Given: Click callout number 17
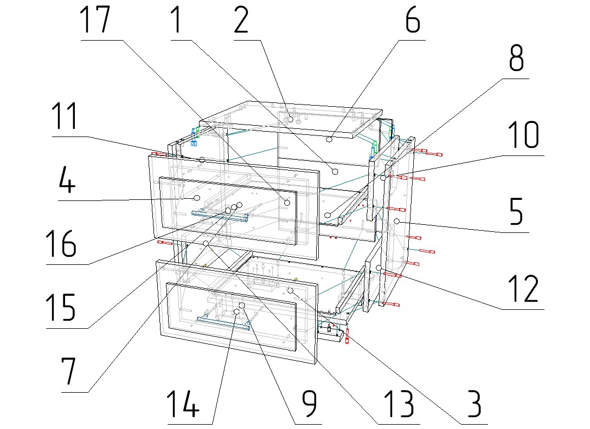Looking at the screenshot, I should [95, 21].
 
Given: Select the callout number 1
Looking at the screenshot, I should [177, 21].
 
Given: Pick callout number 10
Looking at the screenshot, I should [523, 135].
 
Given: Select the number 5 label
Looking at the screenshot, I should [516, 213].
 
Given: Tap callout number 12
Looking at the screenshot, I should [523, 289].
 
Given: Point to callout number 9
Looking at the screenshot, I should [309, 404].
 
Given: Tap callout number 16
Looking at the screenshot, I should [61, 244].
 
